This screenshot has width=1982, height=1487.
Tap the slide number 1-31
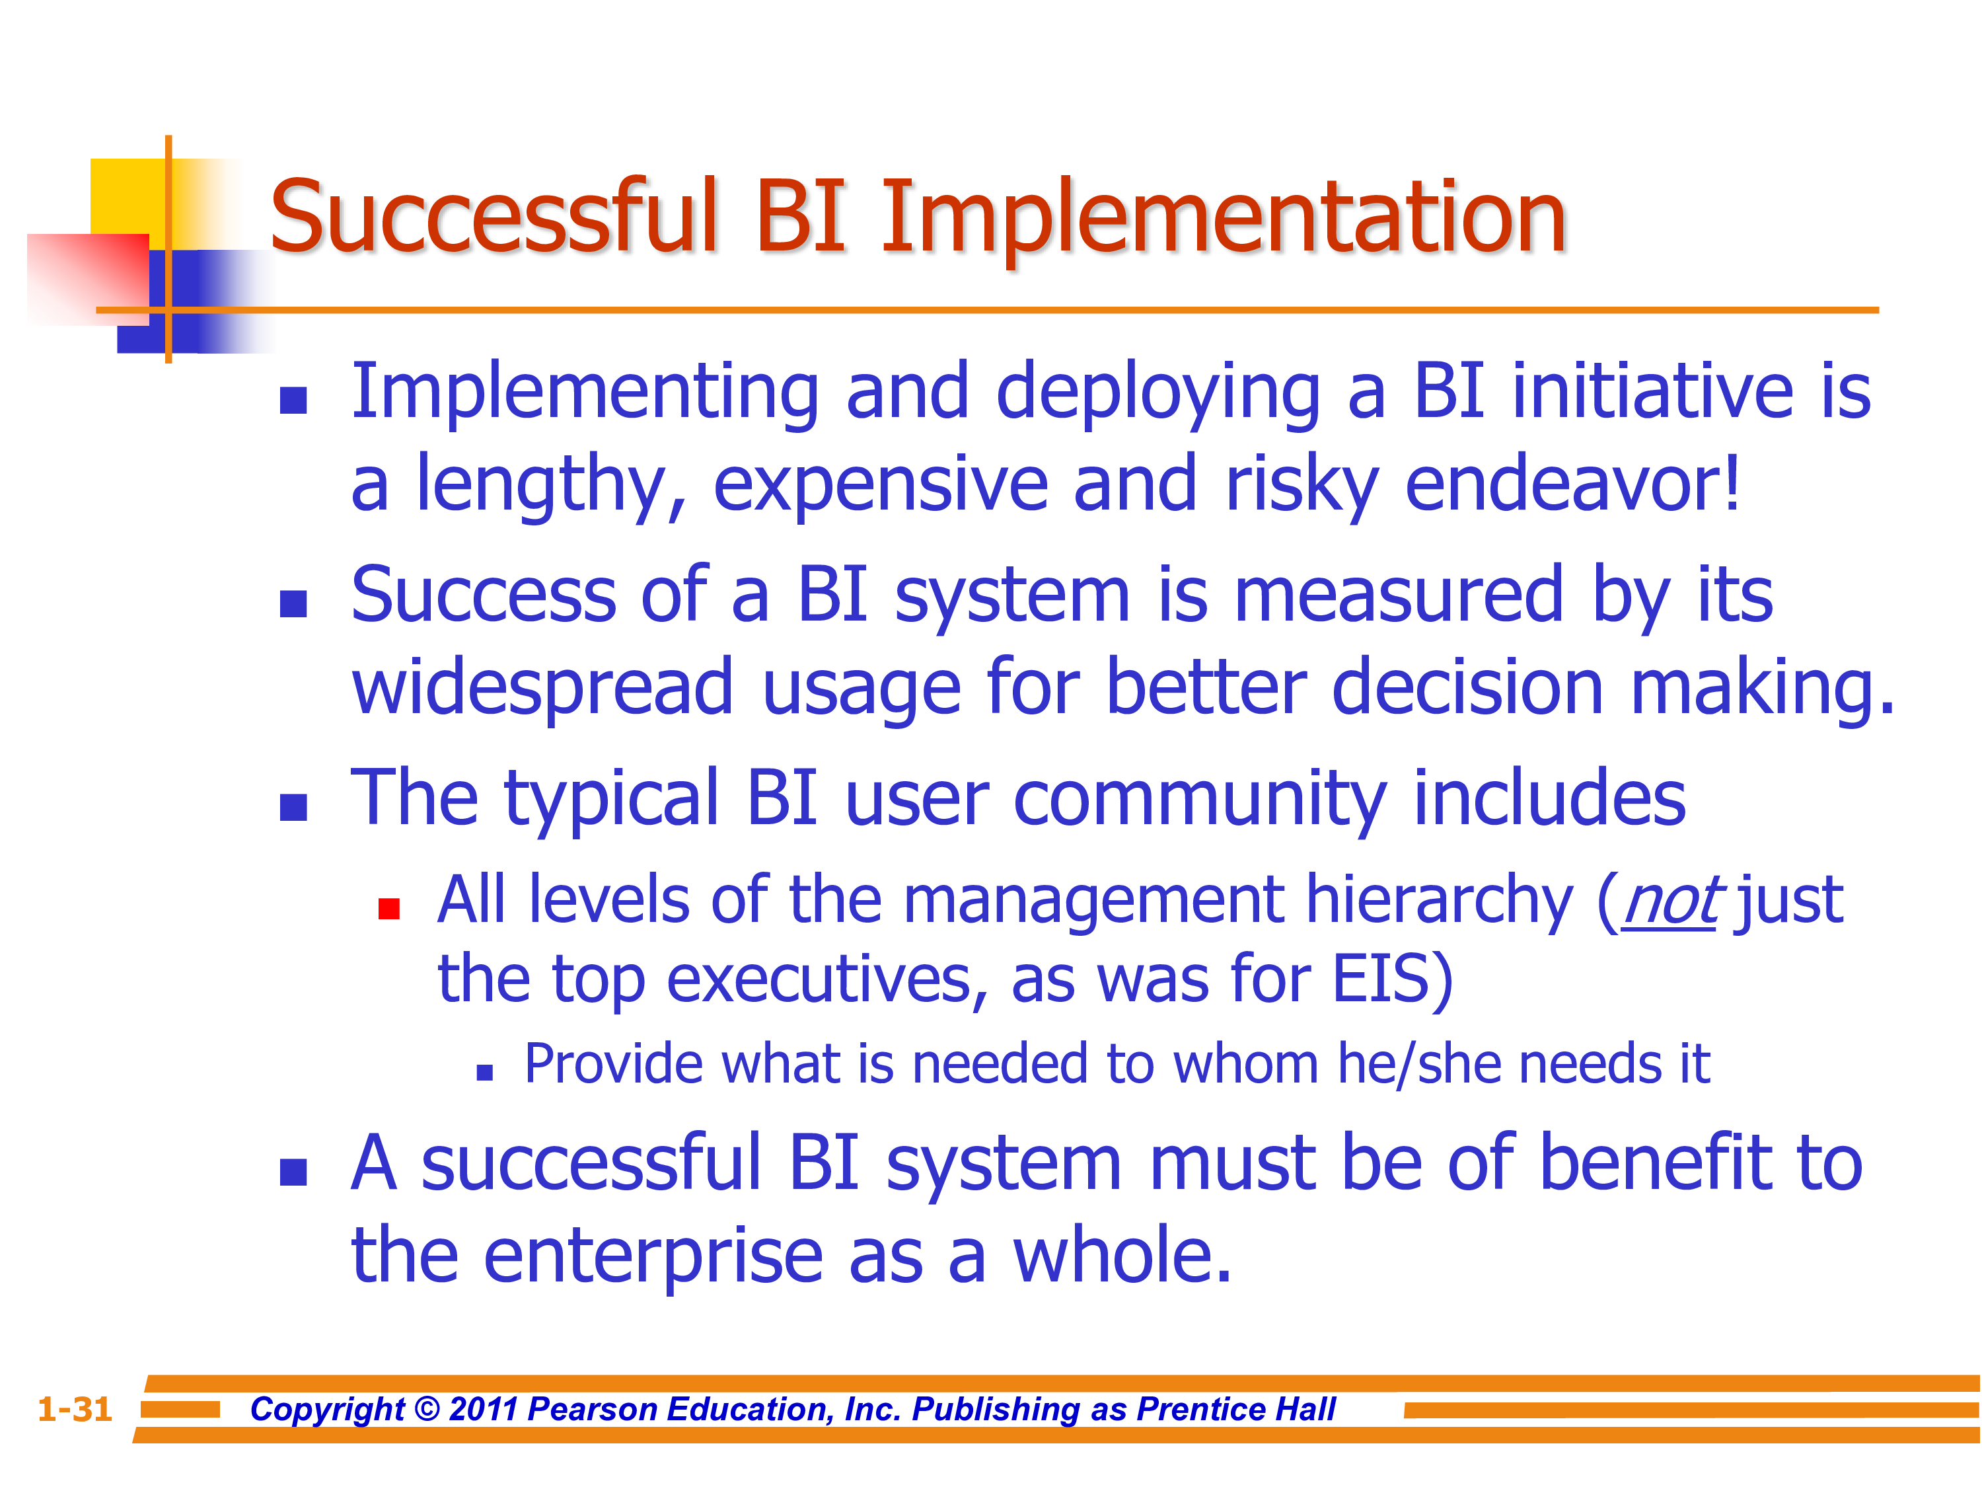[75, 1409]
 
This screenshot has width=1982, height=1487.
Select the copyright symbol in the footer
[427, 1409]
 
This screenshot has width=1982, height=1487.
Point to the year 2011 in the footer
[484, 1409]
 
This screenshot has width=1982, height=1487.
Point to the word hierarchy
[1440, 901]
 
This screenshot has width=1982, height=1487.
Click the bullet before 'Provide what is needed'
[485, 1073]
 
